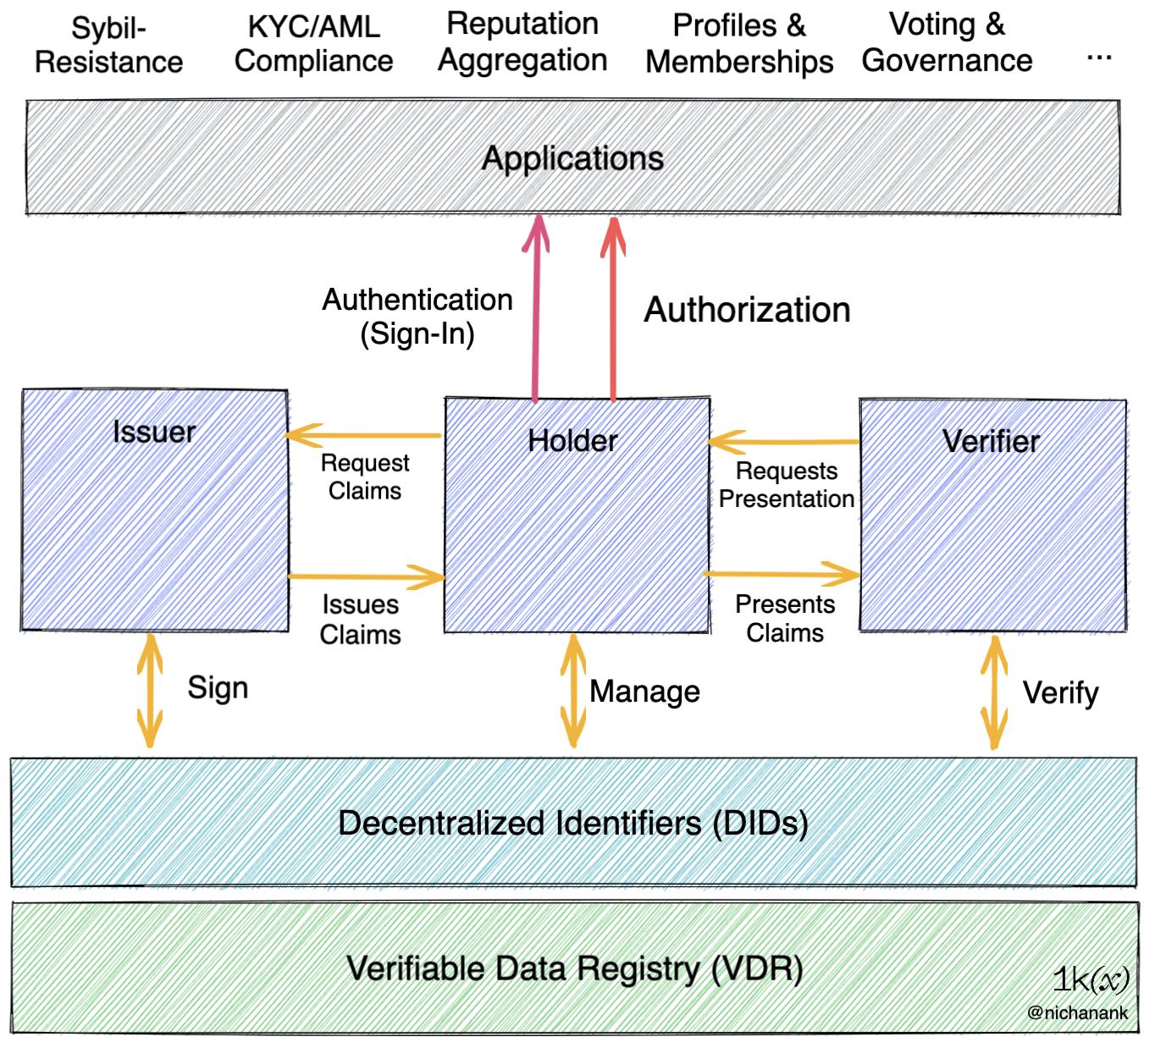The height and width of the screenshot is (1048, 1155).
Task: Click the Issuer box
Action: tap(155, 510)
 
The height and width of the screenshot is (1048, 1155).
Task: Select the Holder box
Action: tap(577, 516)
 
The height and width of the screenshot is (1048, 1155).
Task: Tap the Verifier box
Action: tap(992, 516)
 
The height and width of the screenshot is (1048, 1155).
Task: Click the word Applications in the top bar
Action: tap(572, 158)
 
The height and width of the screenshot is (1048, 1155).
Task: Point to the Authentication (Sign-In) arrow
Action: tap(535, 309)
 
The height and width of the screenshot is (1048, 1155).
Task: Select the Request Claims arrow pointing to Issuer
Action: tap(364, 436)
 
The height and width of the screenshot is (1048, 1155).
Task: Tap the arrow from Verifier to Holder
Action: tap(784, 441)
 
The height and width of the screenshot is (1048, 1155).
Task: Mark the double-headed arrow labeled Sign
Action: tap(150, 690)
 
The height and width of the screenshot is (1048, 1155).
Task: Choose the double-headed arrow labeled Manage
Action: tap(573, 690)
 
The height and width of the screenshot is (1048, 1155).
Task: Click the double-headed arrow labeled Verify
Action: tap(993, 692)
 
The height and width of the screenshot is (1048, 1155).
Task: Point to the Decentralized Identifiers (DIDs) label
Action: tap(572, 823)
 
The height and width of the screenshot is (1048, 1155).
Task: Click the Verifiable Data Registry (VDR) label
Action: tap(574, 968)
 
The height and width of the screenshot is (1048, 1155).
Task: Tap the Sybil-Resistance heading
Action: tap(108, 46)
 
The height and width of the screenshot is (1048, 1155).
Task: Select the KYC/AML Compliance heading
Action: tap(313, 44)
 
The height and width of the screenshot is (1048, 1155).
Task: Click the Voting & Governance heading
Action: tap(947, 42)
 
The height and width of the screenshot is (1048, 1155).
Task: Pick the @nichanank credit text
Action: tap(1077, 1012)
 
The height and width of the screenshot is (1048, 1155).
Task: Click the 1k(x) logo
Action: tap(1090, 979)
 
